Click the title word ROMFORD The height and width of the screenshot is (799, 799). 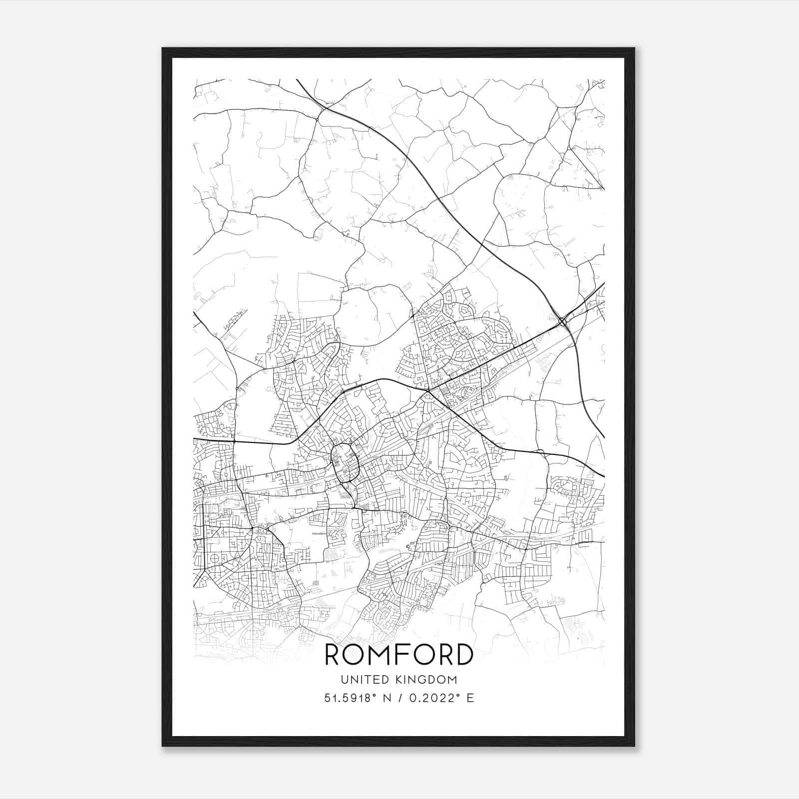pyautogui.click(x=399, y=654)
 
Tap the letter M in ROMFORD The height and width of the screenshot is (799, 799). pyautogui.click(x=384, y=654)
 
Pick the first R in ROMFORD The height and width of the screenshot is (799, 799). pyautogui.click(x=335, y=654)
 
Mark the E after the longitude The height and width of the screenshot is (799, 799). pyautogui.click(x=470, y=698)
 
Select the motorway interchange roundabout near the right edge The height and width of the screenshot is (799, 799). pyautogui.click(x=563, y=321)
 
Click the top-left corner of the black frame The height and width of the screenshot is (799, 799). pyautogui.click(x=163, y=49)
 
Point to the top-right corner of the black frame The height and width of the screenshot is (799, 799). pyautogui.click(x=634, y=49)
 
